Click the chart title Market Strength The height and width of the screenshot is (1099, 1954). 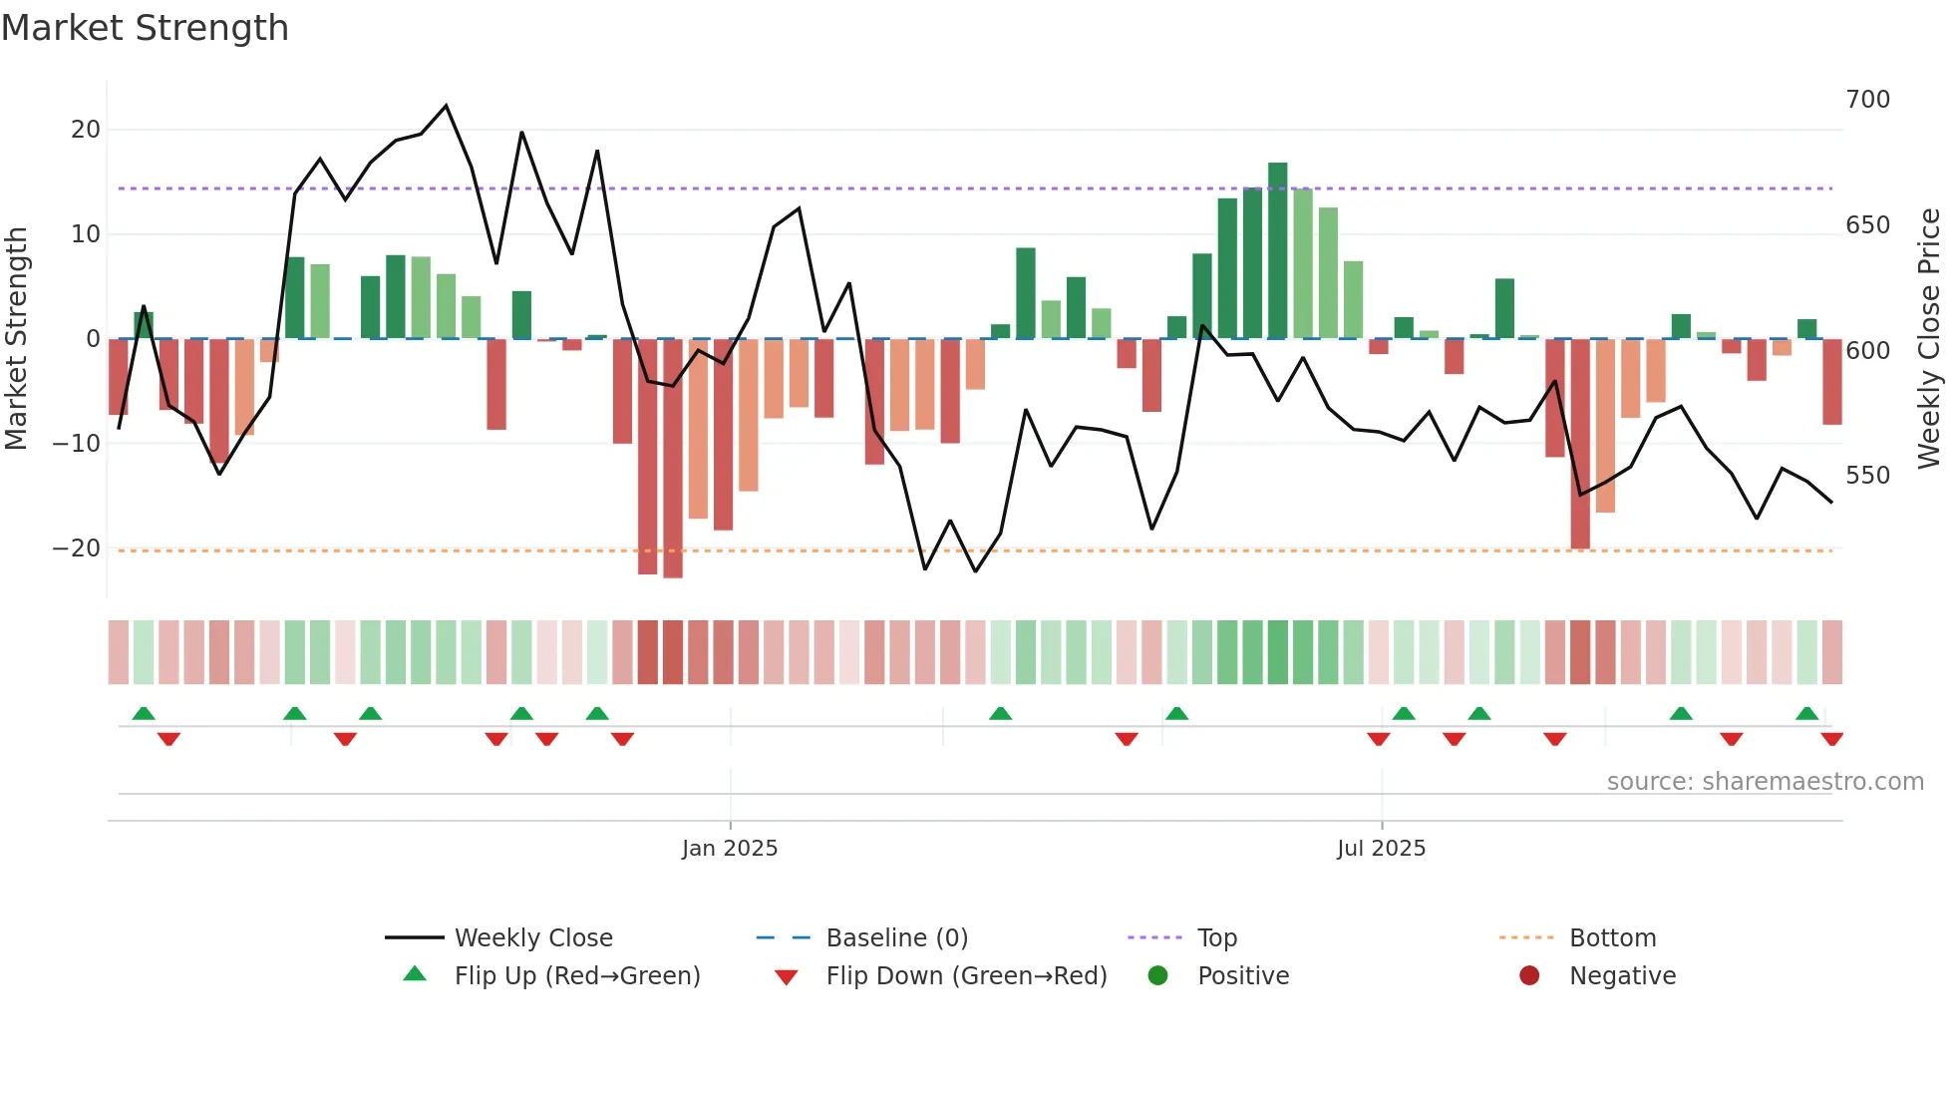145,28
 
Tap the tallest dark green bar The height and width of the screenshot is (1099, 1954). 1277,249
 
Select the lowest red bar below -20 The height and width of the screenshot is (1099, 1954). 673,459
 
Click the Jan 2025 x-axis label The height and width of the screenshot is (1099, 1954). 730,848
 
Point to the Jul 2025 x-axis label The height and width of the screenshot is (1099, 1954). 1381,848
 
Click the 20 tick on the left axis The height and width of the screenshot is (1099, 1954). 86,130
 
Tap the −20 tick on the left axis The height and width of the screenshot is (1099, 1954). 77,549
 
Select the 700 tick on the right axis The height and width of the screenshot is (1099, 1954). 1867,100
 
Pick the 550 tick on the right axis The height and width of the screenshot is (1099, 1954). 1867,476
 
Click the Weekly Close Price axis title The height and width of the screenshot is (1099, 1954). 1929,339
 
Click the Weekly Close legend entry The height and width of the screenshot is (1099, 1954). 533,937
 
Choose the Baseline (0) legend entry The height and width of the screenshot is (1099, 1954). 896,937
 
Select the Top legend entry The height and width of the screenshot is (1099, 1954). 1216,937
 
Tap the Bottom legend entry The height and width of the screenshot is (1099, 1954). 1612,937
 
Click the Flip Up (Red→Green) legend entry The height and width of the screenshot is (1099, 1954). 576,975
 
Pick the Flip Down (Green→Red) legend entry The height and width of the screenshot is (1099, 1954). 966,975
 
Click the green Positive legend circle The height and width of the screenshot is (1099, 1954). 1157,975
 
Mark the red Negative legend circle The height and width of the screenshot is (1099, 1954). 1529,975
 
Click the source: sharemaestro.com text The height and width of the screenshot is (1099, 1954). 1765,782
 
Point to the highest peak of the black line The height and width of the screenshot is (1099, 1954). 446,105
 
